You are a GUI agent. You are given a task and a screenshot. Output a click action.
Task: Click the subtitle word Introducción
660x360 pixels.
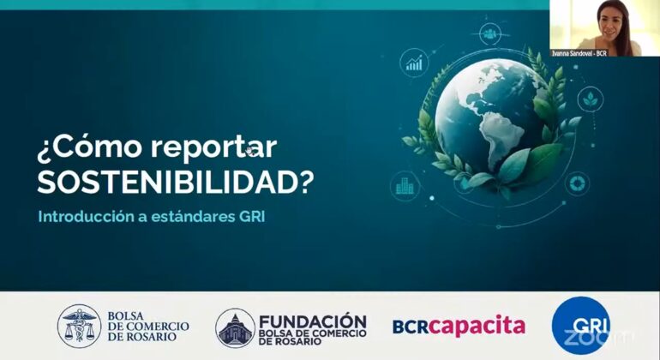coord(86,216)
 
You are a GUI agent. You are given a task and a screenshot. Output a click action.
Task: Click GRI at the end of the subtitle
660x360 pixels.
coord(252,216)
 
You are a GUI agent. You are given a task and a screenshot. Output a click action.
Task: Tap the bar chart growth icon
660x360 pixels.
coord(414,63)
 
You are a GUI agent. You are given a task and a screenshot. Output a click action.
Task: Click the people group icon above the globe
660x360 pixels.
coord(490,34)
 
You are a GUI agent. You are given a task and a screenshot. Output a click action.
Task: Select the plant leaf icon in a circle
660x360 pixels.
coord(590,99)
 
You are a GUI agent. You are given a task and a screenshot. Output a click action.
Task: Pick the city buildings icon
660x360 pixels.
coord(405,186)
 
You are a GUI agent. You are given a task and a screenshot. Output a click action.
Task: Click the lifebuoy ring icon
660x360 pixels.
coord(576,183)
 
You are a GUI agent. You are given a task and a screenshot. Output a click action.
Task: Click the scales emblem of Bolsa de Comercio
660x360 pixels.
coord(79,326)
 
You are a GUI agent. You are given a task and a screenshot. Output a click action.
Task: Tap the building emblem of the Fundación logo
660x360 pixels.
coord(235,328)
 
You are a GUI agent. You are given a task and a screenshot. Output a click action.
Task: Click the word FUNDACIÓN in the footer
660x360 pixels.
coord(313,322)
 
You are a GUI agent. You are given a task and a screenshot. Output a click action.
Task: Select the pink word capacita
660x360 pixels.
coord(477,326)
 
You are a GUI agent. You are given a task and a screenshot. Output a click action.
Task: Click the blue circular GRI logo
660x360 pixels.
coord(581,326)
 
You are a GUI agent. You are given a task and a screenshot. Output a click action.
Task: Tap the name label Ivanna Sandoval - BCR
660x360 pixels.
coord(579,53)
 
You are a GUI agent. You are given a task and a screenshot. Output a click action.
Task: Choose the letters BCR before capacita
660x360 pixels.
coord(411,327)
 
